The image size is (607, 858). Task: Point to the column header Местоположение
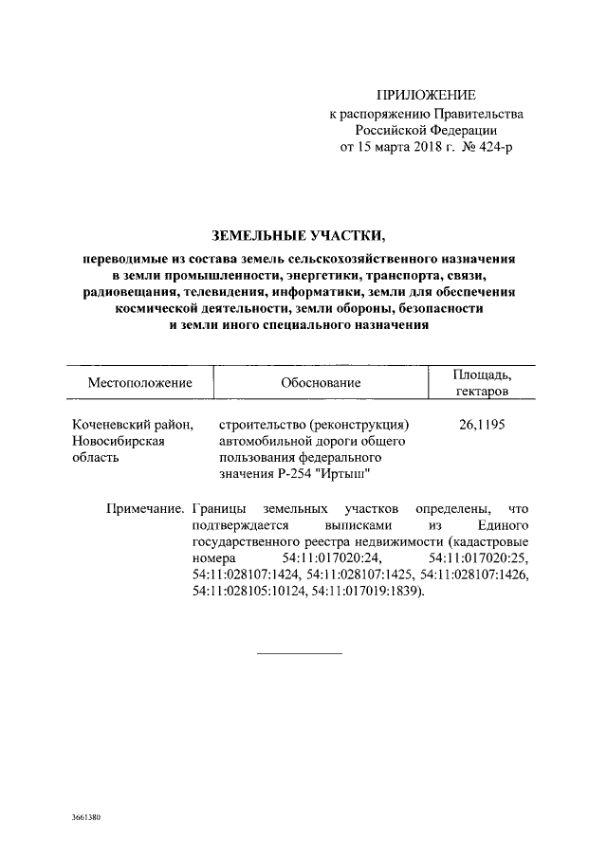click(140, 383)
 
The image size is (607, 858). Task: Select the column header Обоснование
click(321, 383)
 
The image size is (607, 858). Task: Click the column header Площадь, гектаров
click(482, 383)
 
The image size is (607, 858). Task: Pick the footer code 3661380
click(85, 816)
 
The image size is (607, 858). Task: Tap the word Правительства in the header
click(472, 114)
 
